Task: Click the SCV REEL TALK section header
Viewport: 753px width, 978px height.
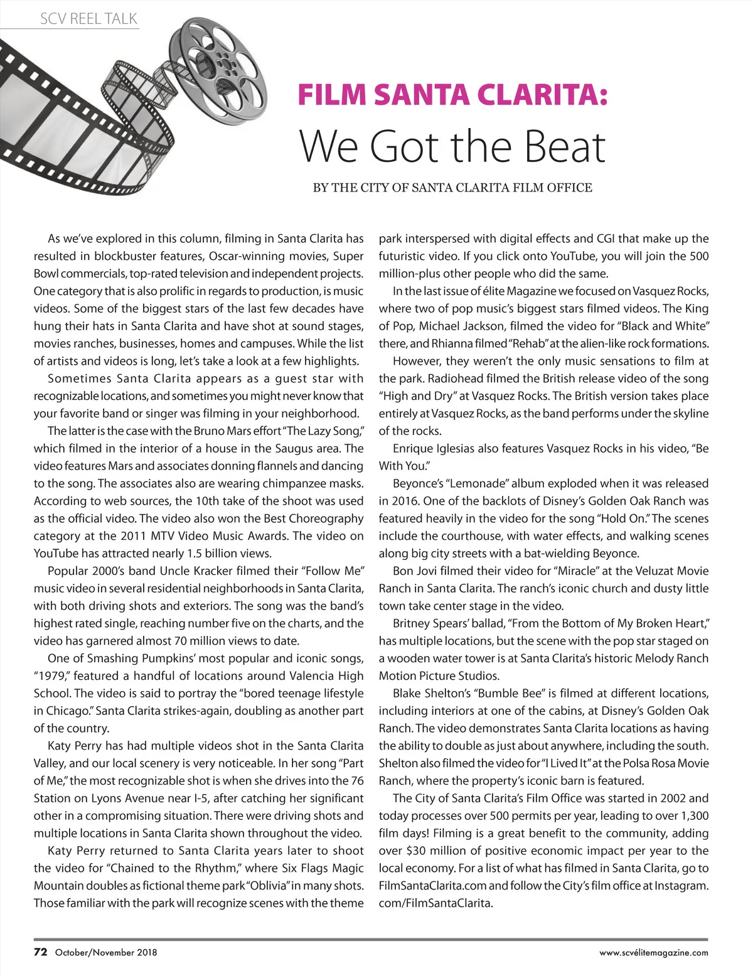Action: click(x=88, y=19)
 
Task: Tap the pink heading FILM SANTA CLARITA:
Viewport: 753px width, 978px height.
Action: click(x=452, y=95)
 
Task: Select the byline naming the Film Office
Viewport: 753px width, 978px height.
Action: click(x=452, y=188)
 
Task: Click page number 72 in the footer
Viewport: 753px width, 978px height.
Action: click(x=40, y=952)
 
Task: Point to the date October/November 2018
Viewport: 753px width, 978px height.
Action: click(x=106, y=952)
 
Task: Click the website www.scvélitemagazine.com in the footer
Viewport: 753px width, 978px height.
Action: click(x=653, y=952)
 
